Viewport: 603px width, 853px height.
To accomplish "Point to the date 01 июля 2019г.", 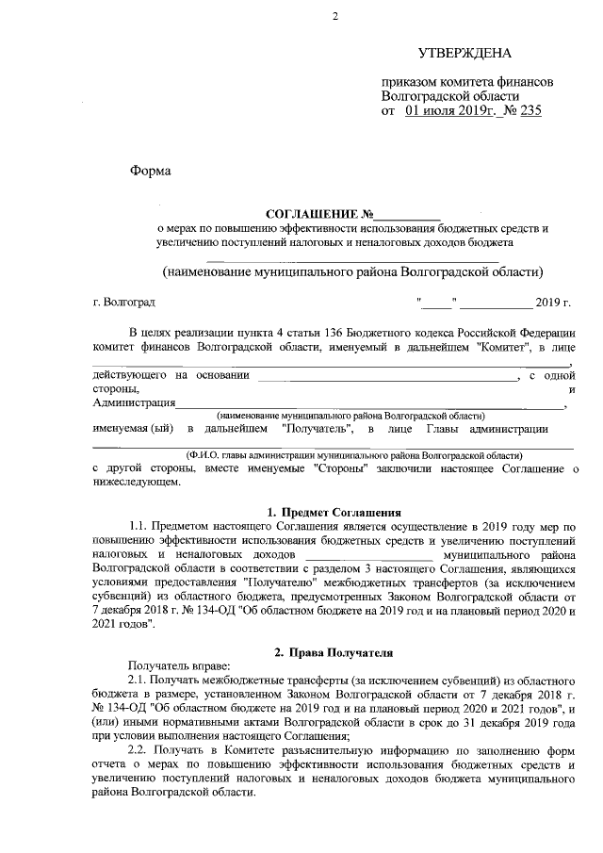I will (x=450, y=110).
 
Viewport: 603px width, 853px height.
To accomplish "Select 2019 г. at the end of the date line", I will (x=553, y=303).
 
